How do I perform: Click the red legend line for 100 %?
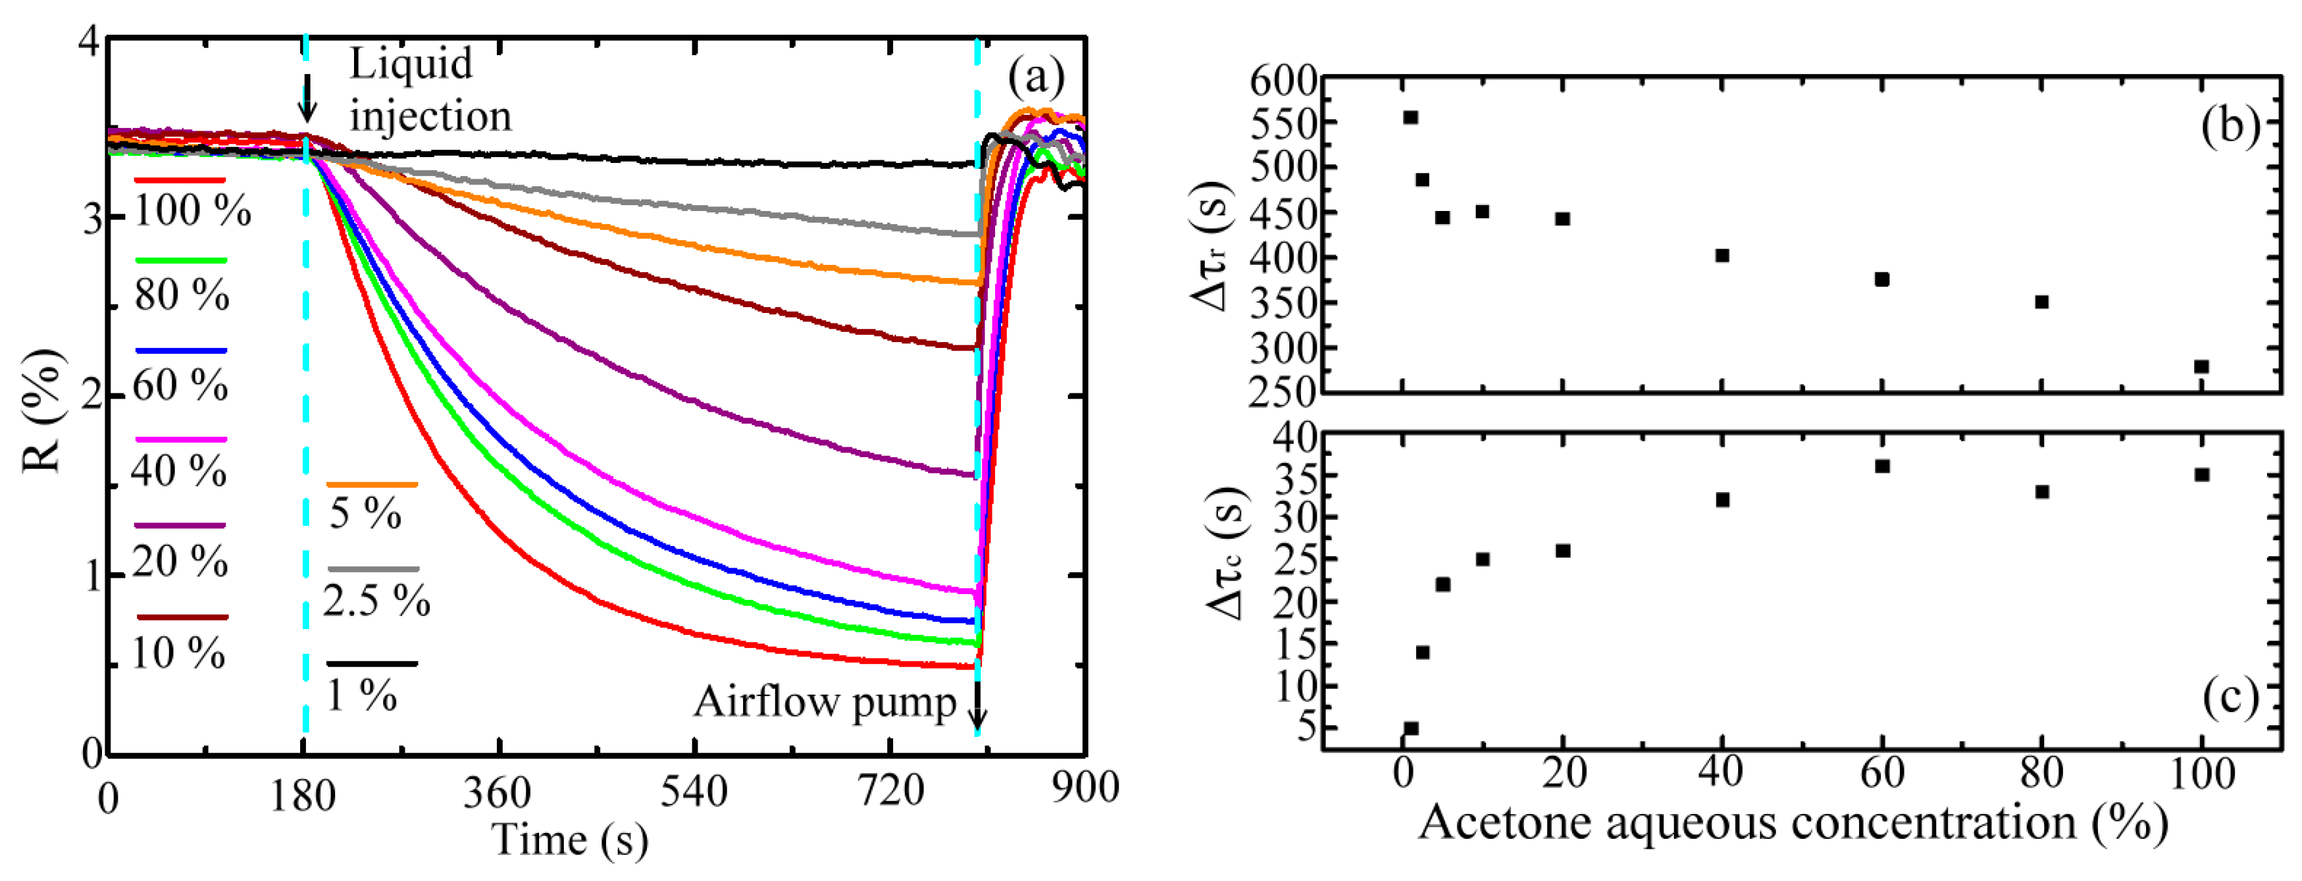pyautogui.click(x=180, y=180)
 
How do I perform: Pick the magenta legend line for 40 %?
pyautogui.click(x=181, y=440)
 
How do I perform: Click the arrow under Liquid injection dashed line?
pyautogui.click(x=307, y=98)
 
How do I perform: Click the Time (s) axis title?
pyautogui.click(x=570, y=840)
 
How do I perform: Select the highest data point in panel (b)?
pyautogui.click(x=1410, y=117)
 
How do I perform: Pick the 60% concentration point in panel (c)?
pyautogui.click(x=1882, y=465)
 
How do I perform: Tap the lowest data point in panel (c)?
pyautogui.click(x=1411, y=728)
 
